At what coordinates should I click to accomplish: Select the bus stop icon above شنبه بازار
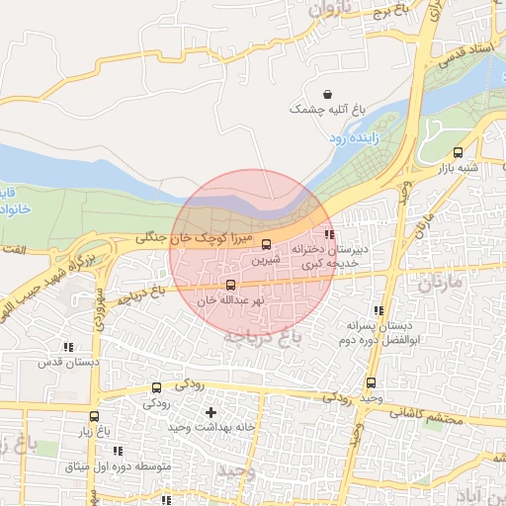pos(457,152)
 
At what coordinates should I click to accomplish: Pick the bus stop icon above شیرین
pos(266,244)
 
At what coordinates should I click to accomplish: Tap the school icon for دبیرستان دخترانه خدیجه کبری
pos(329,235)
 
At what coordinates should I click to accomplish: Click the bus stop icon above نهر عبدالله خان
pos(231,285)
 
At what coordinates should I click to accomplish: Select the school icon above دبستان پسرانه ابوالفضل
pos(379,310)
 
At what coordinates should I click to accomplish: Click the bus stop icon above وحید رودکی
pos(371,382)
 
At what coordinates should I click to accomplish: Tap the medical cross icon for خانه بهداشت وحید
pos(210,411)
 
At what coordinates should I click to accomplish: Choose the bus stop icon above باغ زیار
pos(94,416)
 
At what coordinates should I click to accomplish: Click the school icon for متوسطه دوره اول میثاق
pos(119,451)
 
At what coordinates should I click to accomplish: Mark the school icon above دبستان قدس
pos(68,347)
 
